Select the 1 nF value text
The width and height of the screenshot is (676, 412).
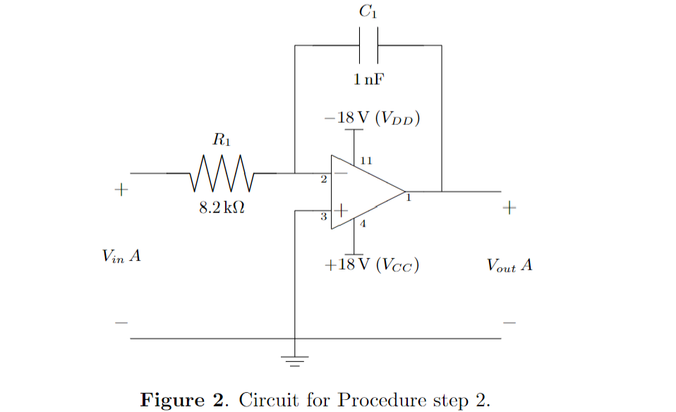[x=369, y=79]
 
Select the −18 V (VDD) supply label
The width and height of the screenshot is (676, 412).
[x=373, y=118]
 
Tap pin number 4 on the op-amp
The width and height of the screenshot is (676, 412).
[x=363, y=225]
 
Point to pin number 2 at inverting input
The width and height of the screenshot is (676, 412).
[x=324, y=181]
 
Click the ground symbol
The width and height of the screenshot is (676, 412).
[x=295, y=361]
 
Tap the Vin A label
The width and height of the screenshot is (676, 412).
[x=121, y=257]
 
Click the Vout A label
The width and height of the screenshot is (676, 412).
[x=509, y=266]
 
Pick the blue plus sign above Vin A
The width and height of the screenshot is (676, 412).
[x=121, y=190]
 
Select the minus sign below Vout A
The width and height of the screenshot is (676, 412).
[x=509, y=323]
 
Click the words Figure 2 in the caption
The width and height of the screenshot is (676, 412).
[x=183, y=400]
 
